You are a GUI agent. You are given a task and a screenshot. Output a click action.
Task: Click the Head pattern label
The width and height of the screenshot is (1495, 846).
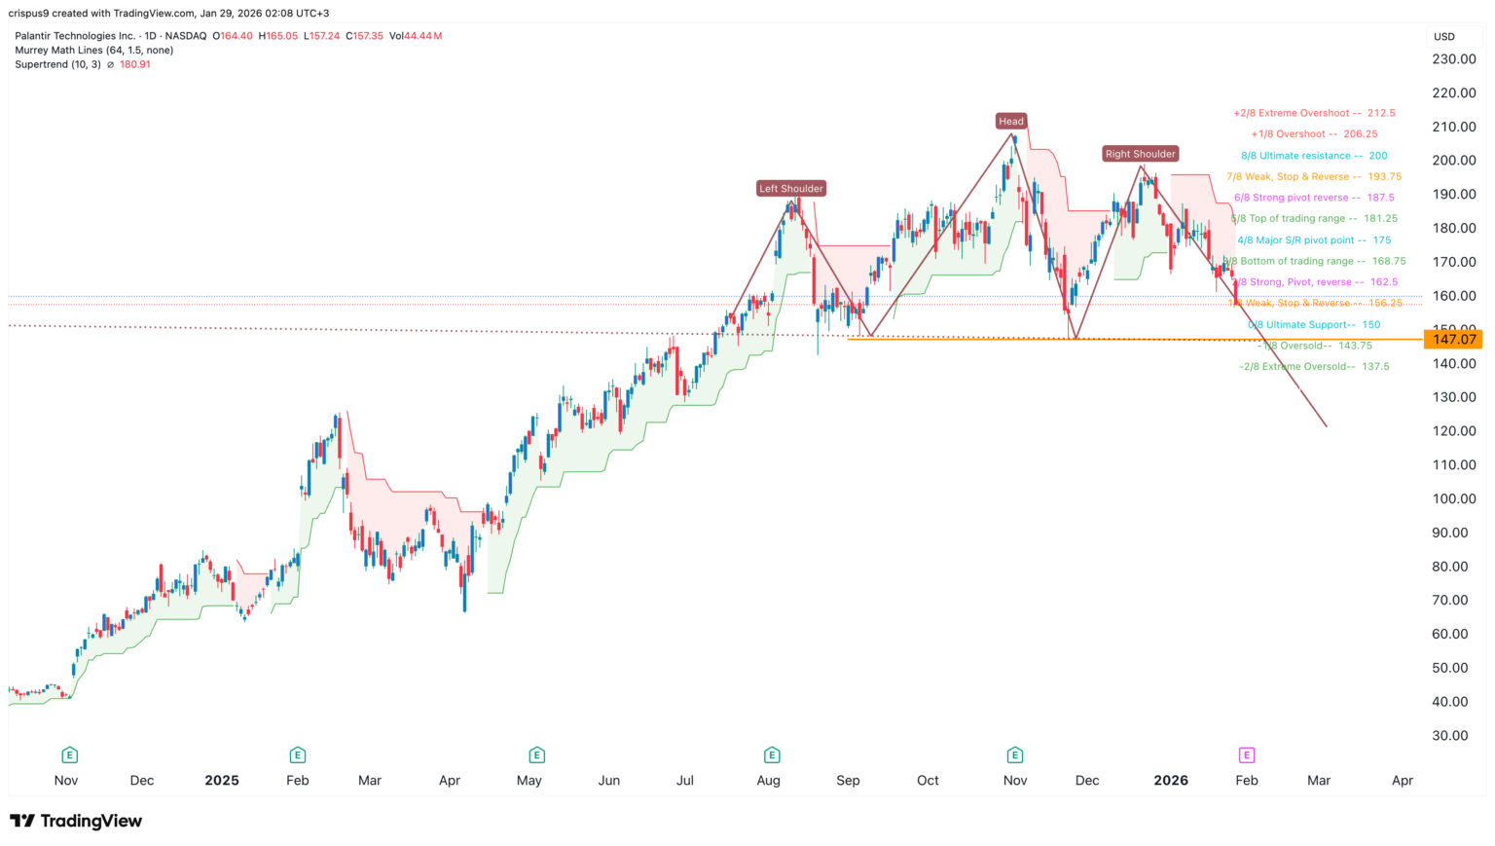tap(1010, 121)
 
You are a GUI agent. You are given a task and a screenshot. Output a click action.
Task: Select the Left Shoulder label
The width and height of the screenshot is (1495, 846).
tap(791, 188)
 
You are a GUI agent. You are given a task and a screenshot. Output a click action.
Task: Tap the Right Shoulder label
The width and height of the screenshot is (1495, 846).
tap(1140, 154)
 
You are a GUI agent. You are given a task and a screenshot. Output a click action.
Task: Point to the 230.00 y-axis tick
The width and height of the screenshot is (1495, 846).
tap(1454, 58)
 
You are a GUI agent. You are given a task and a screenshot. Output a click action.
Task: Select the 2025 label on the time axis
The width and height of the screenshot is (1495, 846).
tap(222, 781)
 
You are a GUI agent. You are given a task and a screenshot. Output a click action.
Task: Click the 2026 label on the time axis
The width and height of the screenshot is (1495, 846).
tap(1170, 781)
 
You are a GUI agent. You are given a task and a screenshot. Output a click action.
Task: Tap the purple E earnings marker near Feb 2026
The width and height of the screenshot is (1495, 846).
tap(1246, 754)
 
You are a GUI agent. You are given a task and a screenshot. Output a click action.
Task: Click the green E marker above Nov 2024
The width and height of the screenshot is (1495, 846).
tap(69, 754)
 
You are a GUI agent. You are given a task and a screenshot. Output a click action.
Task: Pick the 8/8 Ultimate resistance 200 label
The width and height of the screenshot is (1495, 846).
tap(1314, 156)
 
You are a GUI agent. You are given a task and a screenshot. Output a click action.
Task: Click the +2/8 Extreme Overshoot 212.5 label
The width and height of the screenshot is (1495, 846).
tap(1314, 113)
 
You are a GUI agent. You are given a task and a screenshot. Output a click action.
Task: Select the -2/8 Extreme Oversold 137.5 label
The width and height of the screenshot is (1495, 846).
tap(1314, 367)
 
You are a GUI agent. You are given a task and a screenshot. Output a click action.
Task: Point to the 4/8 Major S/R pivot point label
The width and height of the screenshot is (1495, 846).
tap(1314, 240)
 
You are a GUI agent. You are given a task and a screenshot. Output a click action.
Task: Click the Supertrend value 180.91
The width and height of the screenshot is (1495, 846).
tap(134, 64)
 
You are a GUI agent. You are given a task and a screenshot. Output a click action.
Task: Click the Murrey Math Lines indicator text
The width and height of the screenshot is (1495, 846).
tap(94, 50)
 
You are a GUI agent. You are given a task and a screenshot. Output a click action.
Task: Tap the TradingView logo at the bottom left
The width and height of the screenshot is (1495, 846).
tap(76, 821)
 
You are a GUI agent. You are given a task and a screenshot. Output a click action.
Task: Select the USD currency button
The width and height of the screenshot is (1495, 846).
tap(1444, 37)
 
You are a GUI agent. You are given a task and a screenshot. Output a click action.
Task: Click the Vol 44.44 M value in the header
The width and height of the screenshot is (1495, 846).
tap(416, 36)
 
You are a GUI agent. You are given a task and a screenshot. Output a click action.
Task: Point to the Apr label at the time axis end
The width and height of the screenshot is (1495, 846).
tap(1402, 781)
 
